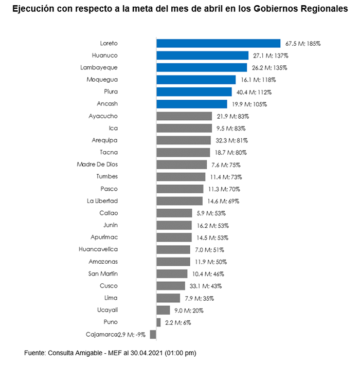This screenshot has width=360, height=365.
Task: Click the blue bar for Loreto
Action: coord(218,44)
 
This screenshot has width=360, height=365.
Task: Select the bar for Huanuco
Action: coord(203,56)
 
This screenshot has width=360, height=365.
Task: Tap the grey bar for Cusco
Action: coord(170,286)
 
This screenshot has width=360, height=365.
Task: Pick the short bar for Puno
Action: coord(158,322)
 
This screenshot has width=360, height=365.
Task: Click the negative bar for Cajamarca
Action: coord(153,335)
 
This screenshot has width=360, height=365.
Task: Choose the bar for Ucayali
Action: coord(163,310)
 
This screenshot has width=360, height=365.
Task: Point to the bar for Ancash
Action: coord(191,104)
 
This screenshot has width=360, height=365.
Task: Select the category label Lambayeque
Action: coord(99,68)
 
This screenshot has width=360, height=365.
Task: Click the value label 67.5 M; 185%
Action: coord(303,44)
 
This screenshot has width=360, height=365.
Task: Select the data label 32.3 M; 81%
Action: coord(230,140)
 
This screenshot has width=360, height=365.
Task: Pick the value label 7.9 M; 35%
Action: coord(200,298)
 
